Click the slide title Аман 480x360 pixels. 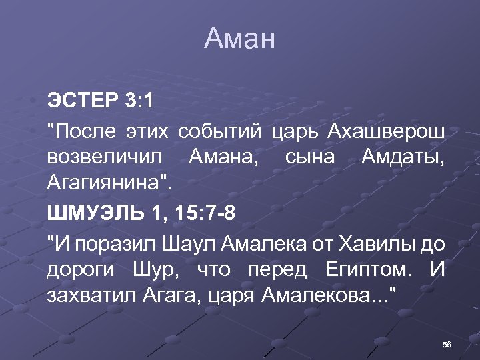[x=240, y=39]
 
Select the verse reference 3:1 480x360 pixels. [x=139, y=101]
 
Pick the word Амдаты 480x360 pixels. [x=403, y=158]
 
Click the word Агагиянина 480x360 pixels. [x=107, y=185]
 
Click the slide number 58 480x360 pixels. [x=447, y=344]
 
